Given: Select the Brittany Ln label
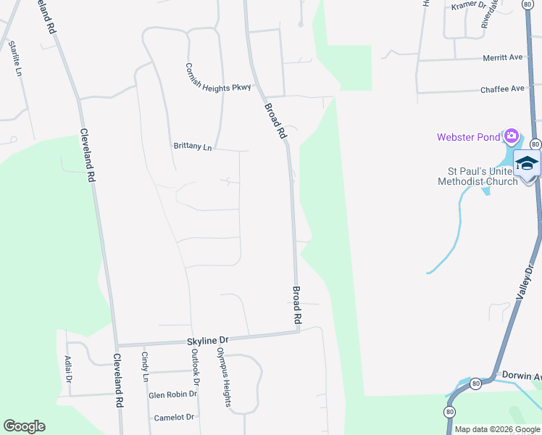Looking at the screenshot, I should click(192, 146).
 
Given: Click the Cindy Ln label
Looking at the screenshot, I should click(145, 367).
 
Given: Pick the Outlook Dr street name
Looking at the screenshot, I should click(195, 367).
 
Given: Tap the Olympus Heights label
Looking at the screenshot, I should click(223, 376).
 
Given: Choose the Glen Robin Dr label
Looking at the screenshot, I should click(172, 394).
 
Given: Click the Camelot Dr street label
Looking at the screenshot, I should click(174, 418).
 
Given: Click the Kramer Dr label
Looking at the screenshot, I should click(467, 5).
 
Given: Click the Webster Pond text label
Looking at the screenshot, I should click(468, 137).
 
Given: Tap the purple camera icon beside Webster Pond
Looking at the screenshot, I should click(512, 136).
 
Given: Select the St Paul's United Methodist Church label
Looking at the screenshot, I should click(478, 176).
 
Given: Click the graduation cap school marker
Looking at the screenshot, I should click(528, 162).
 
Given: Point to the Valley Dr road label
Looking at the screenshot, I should click(524, 283).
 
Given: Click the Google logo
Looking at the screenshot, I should click(24, 426).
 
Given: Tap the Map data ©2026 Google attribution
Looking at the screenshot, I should click(496, 429).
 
